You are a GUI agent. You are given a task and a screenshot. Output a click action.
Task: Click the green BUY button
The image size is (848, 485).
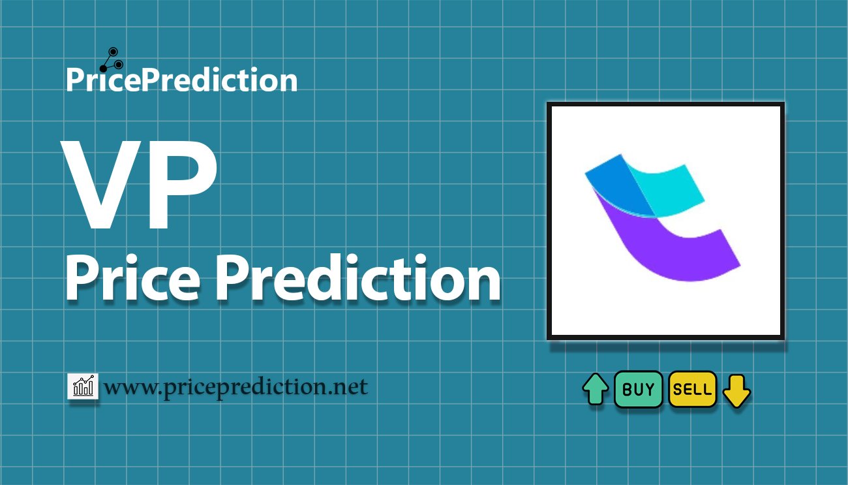(638, 389)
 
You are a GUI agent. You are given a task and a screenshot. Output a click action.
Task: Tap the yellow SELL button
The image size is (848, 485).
(693, 389)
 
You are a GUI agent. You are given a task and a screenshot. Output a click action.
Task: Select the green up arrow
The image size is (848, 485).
(596, 389)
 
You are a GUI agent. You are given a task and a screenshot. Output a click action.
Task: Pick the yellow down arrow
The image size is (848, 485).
(736, 391)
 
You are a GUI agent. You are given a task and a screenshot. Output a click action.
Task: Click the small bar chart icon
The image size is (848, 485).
(83, 386)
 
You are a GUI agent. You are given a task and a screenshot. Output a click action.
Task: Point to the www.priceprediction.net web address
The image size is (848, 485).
(235, 387)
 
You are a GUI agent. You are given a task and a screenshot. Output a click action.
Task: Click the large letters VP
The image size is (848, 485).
(140, 185)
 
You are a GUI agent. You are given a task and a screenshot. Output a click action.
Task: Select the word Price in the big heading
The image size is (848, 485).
(133, 278)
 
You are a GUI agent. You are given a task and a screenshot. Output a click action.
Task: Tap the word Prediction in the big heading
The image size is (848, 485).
(358, 278)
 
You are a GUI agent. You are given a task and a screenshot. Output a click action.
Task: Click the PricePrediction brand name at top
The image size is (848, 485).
(182, 80)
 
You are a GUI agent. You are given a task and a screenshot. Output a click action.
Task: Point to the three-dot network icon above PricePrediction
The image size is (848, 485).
(112, 60)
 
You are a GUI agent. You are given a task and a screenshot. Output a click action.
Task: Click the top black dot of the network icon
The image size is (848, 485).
(113, 52)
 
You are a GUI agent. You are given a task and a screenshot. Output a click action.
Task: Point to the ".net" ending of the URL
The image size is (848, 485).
(347, 388)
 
